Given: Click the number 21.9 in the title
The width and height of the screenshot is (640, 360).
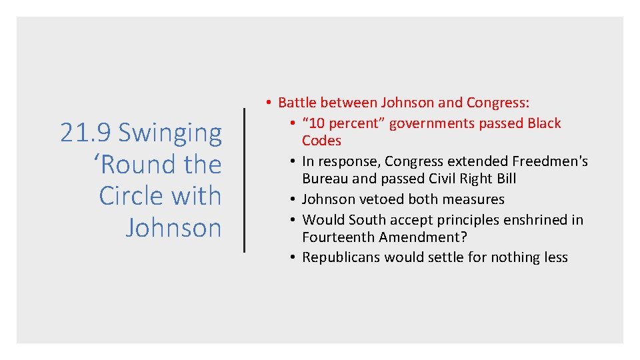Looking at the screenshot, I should tap(86, 133).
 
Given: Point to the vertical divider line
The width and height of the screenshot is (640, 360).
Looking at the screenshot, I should tap(245, 180).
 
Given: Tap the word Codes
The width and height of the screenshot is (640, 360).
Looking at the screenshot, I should tap(321, 141).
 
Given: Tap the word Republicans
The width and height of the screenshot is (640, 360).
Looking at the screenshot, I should tap(341, 257).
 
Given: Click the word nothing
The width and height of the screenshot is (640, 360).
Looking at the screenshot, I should tap(506, 257).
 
